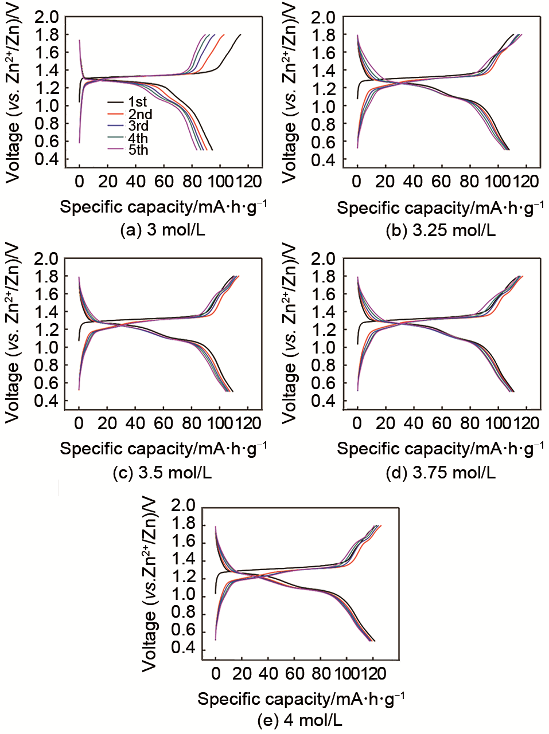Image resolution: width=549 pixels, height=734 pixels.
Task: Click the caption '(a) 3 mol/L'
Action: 162,230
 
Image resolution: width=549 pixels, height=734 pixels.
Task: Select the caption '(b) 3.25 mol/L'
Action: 441,230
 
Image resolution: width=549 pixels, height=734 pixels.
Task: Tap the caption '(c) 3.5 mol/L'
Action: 162,473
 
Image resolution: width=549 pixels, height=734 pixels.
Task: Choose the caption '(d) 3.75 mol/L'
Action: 441,473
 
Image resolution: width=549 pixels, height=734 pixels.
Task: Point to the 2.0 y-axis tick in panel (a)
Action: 46,17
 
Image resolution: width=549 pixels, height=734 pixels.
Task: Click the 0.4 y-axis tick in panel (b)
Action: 324,159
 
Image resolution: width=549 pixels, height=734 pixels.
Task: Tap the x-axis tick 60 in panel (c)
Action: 163,424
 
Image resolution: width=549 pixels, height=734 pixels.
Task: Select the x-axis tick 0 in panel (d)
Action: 357,424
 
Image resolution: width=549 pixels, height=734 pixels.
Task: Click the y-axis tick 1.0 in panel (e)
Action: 184,596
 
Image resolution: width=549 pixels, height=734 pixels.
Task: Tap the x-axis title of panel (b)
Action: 441,207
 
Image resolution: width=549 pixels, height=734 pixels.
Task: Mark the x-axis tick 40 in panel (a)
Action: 135,182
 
